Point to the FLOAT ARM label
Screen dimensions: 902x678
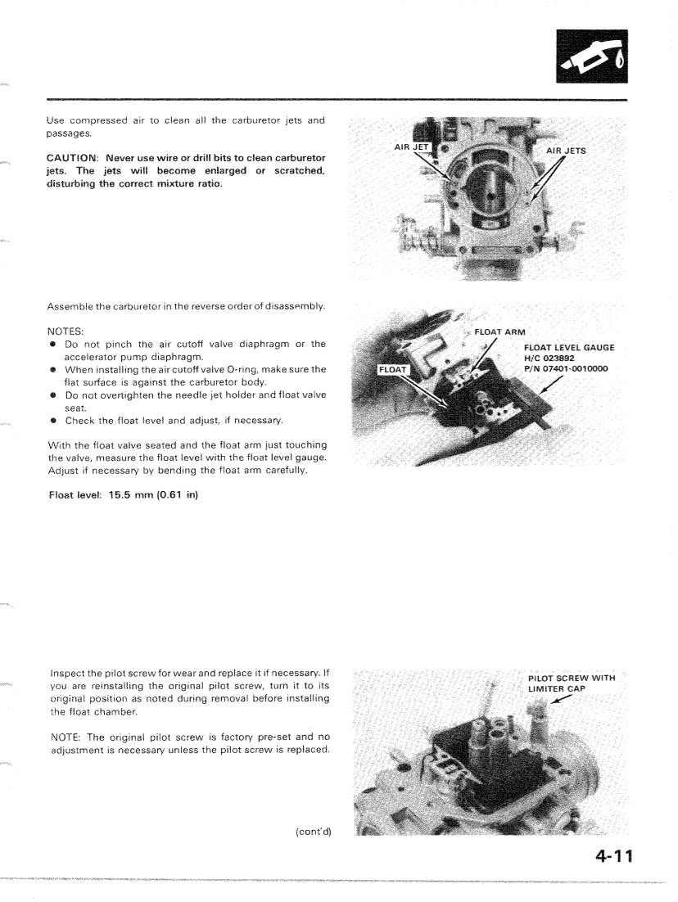click(500, 331)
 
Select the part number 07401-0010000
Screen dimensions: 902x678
click(580, 368)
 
